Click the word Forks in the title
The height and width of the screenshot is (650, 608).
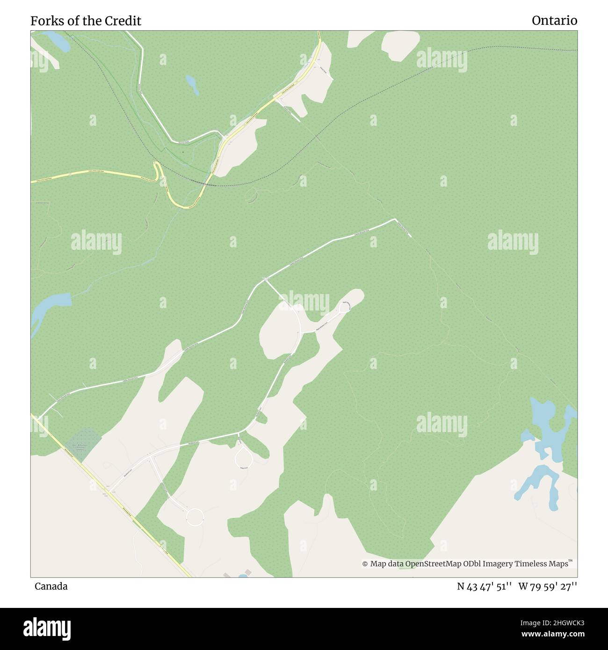point(45,21)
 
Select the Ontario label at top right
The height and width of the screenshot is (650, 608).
point(554,21)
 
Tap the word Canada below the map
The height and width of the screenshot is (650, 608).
point(51,586)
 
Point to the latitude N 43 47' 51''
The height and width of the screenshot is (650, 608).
point(485,586)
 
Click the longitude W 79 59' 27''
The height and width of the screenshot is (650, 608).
point(548,586)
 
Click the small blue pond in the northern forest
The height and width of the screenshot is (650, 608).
point(192,84)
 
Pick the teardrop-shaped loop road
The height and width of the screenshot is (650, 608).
point(244,457)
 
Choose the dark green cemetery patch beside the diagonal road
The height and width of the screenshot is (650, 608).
point(83,443)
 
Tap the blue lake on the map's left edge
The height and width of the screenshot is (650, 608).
point(49,309)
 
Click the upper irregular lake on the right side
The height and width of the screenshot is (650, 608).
point(550,428)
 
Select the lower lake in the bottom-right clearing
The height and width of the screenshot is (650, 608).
point(540,484)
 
